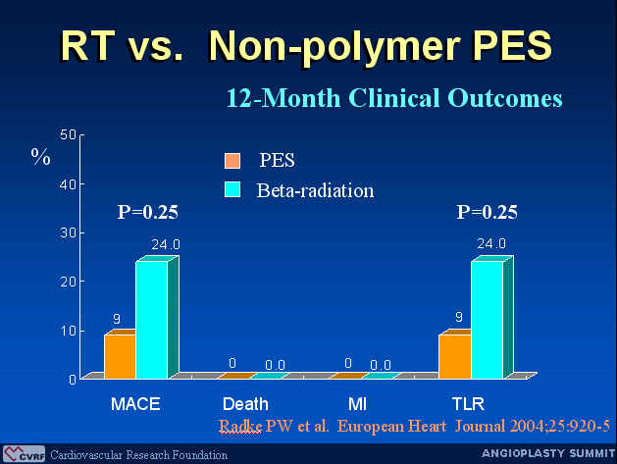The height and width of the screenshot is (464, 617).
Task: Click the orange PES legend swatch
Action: point(232,161)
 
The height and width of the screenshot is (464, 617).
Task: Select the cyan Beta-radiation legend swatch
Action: point(232,189)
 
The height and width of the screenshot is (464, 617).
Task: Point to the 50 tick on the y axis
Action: point(68,135)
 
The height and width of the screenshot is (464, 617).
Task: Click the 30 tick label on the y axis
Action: point(68,233)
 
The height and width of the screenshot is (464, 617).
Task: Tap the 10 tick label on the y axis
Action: point(68,331)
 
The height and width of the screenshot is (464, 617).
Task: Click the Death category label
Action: point(245,404)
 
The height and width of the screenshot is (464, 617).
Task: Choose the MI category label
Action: point(357,404)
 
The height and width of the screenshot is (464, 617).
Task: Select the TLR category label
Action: point(468,404)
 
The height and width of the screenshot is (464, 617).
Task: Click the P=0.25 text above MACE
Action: point(148,212)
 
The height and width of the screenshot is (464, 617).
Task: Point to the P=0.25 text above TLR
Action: point(488,212)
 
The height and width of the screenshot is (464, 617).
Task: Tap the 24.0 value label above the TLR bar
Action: point(491,244)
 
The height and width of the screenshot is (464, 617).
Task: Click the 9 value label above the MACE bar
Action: point(117,319)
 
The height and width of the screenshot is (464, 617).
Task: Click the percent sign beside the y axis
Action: point(41,157)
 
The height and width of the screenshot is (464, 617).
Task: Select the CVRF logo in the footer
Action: point(24,454)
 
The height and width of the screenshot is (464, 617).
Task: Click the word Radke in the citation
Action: point(240,426)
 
